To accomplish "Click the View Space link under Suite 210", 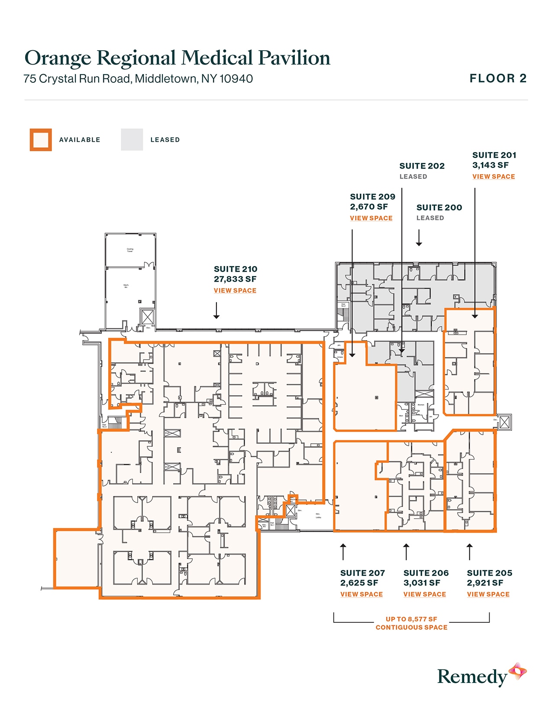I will tap(235, 290).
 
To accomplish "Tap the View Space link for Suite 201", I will tap(494, 176).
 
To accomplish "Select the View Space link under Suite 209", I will tap(371, 218).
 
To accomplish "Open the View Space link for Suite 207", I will tap(362, 594).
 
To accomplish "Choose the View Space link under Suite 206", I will tap(425, 594).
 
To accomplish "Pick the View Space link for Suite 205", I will tap(488, 594).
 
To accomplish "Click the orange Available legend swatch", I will tap(41, 140).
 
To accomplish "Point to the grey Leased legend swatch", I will tap(132, 140).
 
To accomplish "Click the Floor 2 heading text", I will tap(498, 78).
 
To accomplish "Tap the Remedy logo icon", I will tap(517, 672).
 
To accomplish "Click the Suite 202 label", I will tap(422, 166).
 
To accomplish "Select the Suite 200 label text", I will tap(439, 208).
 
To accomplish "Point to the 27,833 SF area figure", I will tap(235, 279).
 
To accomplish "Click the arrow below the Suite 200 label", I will tap(419, 238).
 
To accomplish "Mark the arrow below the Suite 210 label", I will tap(216, 311).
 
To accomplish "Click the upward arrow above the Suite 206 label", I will tap(406, 552).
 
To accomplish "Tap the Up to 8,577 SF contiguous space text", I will tap(411, 623).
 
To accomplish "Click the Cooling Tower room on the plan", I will tap(130, 250).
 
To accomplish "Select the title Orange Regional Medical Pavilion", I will tap(177, 58).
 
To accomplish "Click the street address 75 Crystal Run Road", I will tap(138, 79).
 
